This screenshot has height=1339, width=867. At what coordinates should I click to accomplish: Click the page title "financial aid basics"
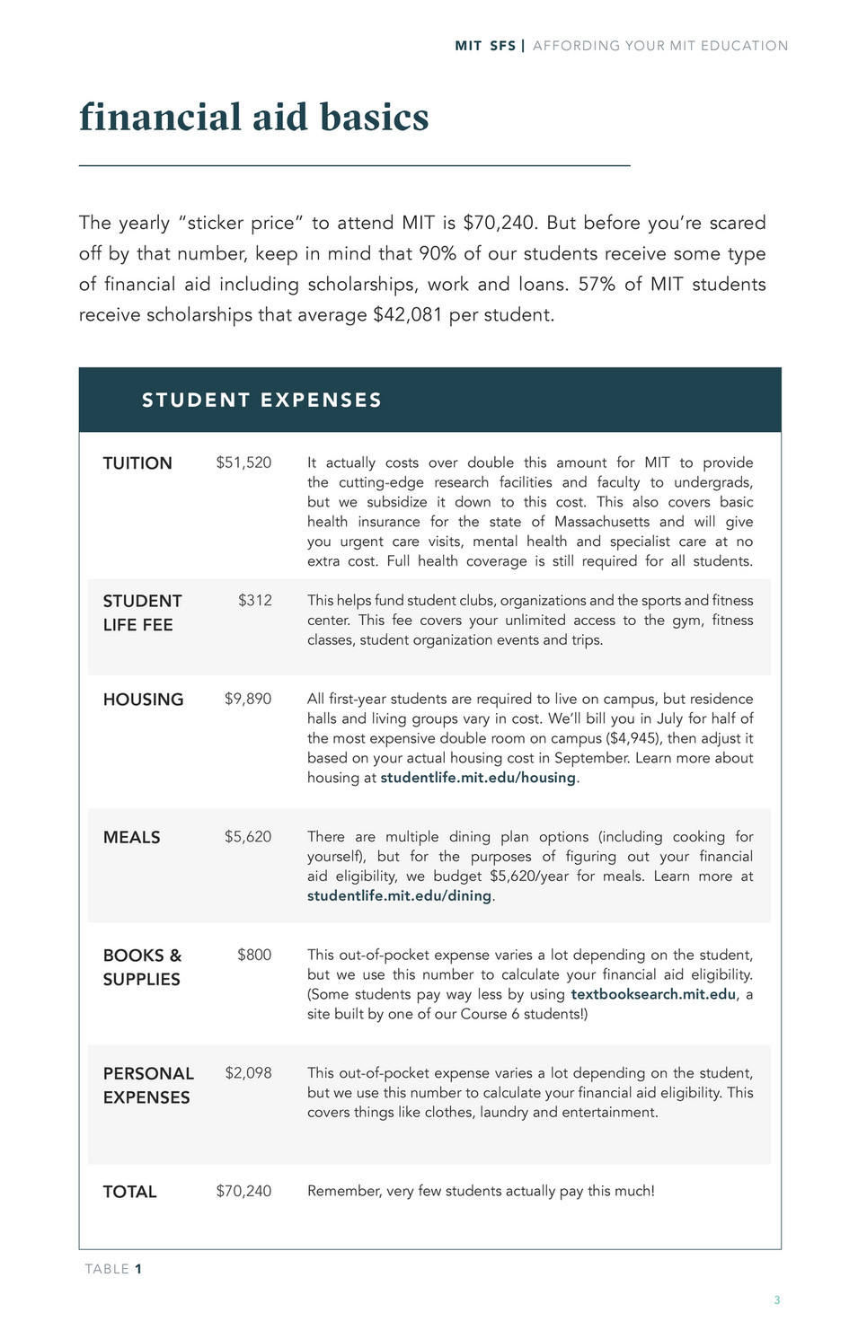pos(253,118)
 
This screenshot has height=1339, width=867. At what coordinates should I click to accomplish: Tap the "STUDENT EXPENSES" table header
pos(261,401)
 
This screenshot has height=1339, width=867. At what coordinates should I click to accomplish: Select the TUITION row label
pos(137,463)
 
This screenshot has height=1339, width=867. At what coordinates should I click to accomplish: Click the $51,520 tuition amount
pos(243,462)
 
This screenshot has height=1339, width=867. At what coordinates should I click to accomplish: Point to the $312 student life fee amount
pos(255,600)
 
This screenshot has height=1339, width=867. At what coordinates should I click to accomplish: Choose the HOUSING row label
pos(143,700)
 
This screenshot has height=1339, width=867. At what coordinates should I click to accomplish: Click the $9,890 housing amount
pos(248,699)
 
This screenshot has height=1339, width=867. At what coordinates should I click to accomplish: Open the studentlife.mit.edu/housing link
pos(478,778)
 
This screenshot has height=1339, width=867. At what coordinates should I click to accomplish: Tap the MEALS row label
pos(131,837)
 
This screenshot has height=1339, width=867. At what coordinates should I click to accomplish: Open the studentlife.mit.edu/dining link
pos(400,896)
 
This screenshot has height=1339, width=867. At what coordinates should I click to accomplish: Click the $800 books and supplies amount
pos(254,955)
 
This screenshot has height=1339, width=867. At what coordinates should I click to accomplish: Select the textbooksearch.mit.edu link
pos(653,994)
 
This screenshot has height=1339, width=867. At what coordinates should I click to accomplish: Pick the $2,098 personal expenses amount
pos(248,1072)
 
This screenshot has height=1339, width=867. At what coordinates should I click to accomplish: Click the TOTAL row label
pos(129,1192)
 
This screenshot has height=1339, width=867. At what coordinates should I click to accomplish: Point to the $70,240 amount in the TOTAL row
pos(243,1191)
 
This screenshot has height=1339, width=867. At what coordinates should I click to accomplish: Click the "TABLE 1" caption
pos(113,1269)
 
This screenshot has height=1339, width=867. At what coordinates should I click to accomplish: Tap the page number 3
pos(777,1299)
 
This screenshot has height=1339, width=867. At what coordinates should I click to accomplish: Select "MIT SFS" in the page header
pos(485,46)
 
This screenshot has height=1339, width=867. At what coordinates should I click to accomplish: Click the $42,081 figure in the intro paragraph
pos(408,315)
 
